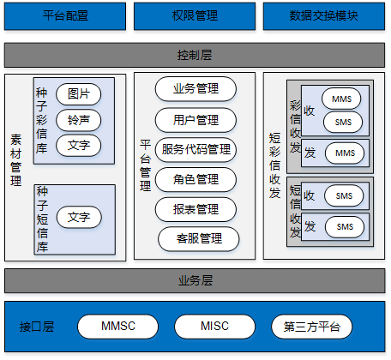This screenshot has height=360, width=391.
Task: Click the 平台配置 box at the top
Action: (65, 16)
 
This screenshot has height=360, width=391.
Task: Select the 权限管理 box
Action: (195, 16)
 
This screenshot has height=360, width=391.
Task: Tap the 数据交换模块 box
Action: (324, 16)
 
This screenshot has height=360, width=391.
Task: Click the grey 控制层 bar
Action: (195, 55)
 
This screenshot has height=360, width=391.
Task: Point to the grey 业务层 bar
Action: (195, 280)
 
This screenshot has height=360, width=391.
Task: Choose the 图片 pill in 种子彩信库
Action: (79, 94)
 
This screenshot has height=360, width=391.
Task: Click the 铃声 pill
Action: (79, 120)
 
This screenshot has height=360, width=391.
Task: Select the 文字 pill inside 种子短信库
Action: (79, 217)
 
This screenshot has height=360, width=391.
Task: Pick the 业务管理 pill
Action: (195, 89)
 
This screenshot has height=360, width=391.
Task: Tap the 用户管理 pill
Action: (195, 120)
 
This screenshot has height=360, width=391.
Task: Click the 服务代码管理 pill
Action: (195, 150)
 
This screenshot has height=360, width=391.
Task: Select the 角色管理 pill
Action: (195, 179)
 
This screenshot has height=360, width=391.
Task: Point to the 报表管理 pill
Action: (195, 209)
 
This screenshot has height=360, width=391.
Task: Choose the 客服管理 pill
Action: (199, 239)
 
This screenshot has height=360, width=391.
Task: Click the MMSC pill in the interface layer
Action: (117, 327)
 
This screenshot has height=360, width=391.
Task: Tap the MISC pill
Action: (214, 327)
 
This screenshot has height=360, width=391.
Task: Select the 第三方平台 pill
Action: (312, 327)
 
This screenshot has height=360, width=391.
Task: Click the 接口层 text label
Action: (37, 327)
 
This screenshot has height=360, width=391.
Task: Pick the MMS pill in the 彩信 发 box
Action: (345, 153)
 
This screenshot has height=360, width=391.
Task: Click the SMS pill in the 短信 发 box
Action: (345, 227)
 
